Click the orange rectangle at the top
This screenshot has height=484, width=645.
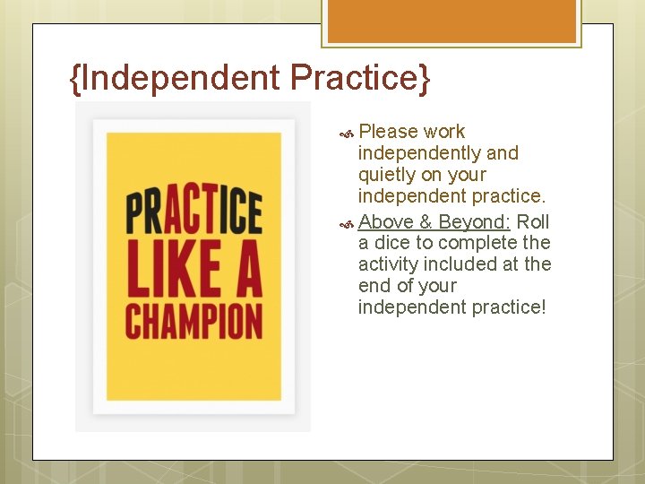[x=451, y=21]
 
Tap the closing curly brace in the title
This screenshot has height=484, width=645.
[x=424, y=79]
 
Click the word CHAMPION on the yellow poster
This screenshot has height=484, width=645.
[x=193, y=320]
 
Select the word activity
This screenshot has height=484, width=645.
[x=389, y=264]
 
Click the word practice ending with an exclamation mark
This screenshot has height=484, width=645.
[x=507, y=307]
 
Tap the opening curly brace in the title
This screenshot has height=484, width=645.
[x=74, y=79]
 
